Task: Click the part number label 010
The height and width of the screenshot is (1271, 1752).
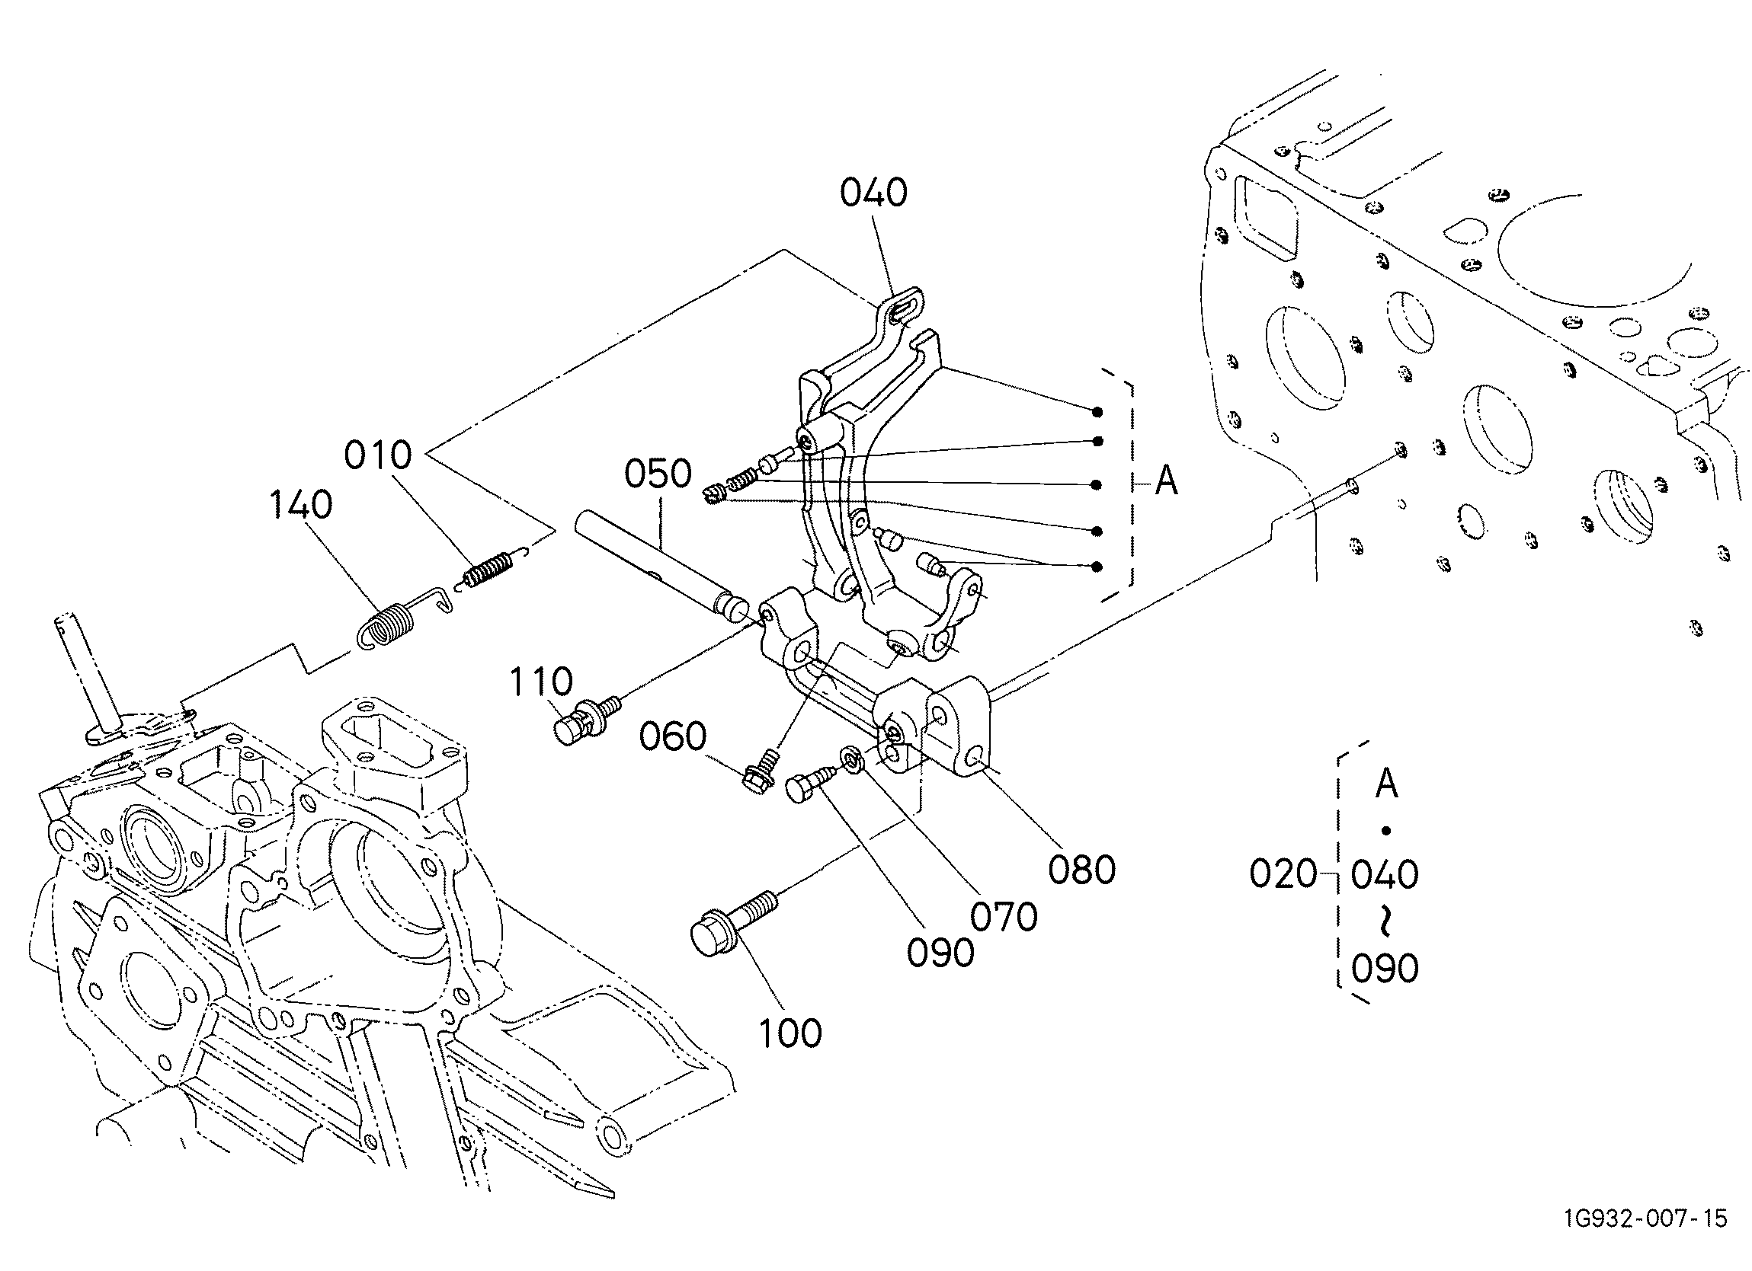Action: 378,455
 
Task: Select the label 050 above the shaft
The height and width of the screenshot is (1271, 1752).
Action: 658,474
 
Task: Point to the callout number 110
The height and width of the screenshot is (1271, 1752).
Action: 541,682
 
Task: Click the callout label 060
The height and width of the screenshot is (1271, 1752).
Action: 672,736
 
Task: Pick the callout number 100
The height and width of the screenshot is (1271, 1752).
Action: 790,1033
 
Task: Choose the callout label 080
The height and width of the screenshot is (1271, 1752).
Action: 1081,870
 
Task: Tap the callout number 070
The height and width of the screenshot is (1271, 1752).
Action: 1004,918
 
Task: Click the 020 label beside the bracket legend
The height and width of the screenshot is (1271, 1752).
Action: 1283,874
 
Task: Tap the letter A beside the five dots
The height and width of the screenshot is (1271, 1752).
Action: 1166,482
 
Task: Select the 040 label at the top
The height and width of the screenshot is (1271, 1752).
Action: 873,192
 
